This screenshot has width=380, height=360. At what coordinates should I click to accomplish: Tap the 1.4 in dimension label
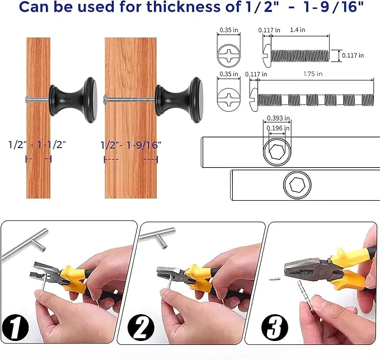(x=298, y=30)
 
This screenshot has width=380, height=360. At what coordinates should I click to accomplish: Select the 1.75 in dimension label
(x=313, y=74)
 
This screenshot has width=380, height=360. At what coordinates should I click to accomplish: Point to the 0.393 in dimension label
(x=278, y=118)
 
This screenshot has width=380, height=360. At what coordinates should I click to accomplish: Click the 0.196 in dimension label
(x=278, y=128)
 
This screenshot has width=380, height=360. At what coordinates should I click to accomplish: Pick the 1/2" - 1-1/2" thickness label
(x=37, y=145)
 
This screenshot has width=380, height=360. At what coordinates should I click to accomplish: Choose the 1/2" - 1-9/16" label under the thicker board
(x=131, y=145)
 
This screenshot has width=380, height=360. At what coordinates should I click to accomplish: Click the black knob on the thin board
(x=73, y=100)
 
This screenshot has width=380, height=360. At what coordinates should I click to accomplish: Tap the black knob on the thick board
(x=179, y=100)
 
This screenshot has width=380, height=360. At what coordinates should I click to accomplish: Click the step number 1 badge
(x=15, y=328)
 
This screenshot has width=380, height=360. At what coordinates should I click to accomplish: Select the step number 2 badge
(x=140, y=328)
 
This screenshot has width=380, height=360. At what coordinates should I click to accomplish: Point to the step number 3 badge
(x=275, y=328)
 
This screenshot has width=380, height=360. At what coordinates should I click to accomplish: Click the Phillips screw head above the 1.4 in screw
(x=229, y=55)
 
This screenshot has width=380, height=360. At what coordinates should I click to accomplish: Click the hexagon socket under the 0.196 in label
(x=277, y=152)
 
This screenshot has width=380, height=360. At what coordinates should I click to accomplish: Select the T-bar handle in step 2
(x=157, y=237)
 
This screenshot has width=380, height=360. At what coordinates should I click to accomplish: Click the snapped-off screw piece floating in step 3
(x=275, y=279)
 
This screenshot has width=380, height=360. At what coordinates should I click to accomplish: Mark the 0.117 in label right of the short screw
(x=353, y=55)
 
